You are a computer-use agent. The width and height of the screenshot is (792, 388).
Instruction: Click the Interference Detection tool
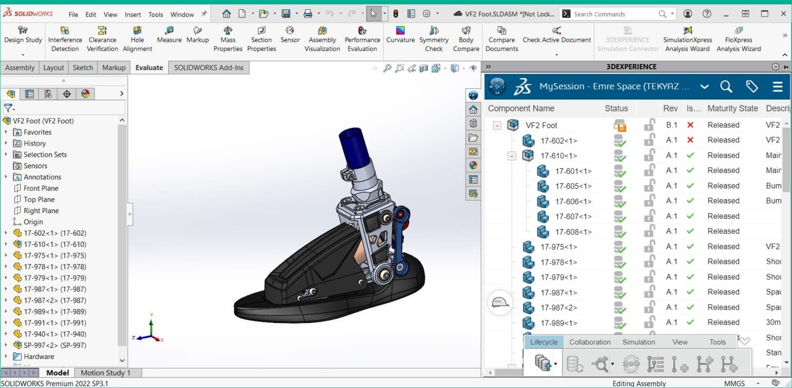65,39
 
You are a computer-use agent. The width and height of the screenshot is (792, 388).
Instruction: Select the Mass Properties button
228,39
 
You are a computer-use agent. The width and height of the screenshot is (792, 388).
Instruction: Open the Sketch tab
82,68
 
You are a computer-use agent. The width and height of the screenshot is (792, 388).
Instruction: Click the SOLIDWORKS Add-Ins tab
208,68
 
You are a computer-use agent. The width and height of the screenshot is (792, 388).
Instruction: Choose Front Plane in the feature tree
41,188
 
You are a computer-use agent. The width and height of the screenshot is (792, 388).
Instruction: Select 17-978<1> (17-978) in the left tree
55,267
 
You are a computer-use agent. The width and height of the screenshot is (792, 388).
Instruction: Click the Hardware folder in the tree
39,357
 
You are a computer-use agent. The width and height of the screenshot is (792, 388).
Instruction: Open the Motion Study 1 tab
105,373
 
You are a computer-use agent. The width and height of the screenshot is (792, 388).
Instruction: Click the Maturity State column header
732,108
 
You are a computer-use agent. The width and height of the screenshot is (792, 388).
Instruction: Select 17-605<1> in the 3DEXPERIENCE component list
573,186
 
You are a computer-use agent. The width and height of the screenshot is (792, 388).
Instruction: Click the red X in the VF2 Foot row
690,125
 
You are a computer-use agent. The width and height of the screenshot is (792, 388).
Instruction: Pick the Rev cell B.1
671,125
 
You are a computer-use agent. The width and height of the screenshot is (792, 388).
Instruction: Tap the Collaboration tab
590,342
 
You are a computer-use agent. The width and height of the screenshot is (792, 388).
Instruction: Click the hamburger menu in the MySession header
778,87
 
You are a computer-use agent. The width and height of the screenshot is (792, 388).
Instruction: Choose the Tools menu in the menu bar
156,14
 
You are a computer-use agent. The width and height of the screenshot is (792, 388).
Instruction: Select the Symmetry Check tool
434,39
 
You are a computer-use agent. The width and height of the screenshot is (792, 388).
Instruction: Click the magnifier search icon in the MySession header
726,87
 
